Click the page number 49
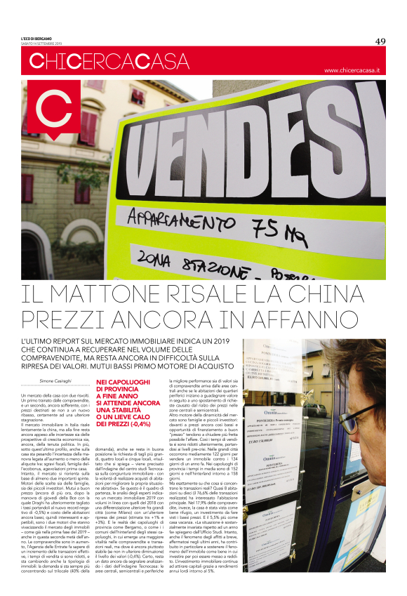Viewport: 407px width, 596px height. coord(380,41)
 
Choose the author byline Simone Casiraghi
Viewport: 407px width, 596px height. coord(60,382)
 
